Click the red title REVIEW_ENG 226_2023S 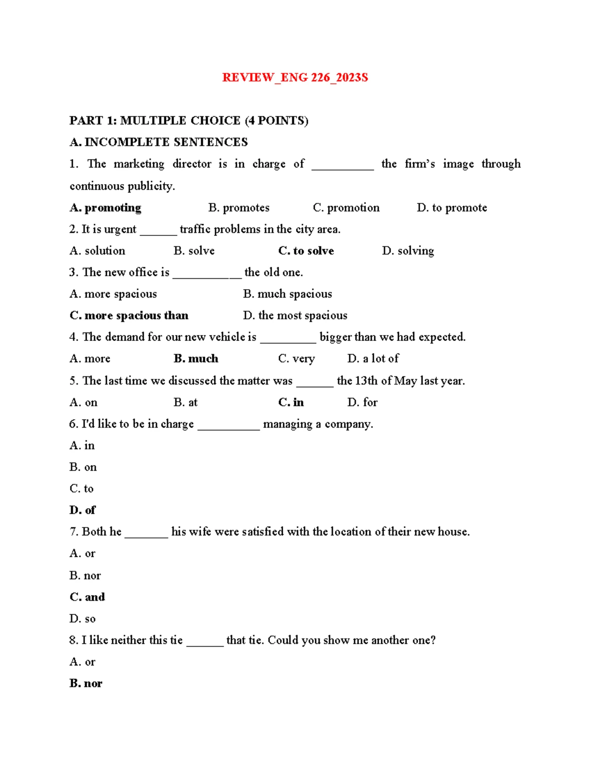click(295, 77)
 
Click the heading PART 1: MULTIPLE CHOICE click(189, 121)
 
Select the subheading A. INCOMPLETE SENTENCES click(159, 142)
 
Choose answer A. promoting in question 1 click(105, 208)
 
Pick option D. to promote click(452, 208)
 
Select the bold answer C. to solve click(306, 251)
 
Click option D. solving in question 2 click(408, 251)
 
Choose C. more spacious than click(129, 315)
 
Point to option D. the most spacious click(295, 315)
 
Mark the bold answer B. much click(196, 359)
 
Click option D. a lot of click(373, 359)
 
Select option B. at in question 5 click(185, 402)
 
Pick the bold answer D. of click(82, 510)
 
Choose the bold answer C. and click(87, 597)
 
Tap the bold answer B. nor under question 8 click(86, 683)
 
